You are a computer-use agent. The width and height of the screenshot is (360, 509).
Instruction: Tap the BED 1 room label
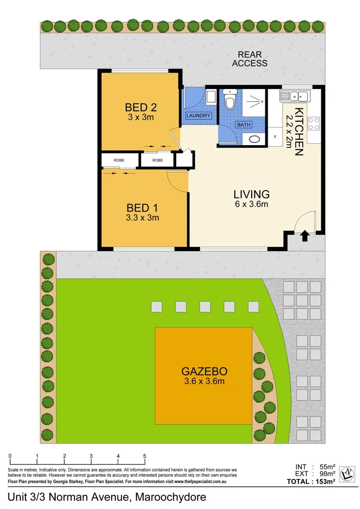tap(142, 207)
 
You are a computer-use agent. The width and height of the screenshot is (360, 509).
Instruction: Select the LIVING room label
tap(252, 194)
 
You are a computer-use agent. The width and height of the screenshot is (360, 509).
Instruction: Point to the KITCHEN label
tap(299, 131)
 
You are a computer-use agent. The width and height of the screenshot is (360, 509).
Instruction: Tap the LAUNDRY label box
tap(198, 115)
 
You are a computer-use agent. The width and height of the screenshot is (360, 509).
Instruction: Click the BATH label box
tap(244, 125)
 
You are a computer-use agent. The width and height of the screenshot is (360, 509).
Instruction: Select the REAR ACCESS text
tap(250, 59)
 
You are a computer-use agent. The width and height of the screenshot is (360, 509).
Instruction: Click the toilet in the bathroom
tap(230, 101)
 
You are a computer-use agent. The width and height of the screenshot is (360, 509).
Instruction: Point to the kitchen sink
tap(294, 96)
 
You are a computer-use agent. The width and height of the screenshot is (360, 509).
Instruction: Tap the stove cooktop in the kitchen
tap(314, 123)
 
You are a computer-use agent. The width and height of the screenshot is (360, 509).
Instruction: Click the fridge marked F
tap(275, 136)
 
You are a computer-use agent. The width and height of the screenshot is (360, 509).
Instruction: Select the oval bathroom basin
tap(255, 140)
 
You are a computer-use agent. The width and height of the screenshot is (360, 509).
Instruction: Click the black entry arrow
tap(305, 236)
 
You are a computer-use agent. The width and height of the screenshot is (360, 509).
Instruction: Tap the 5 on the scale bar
tap(145, 456)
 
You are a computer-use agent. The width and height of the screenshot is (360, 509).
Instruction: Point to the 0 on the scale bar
tap(10, 456)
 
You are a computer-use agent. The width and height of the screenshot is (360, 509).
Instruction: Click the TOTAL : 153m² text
tap(311, 482)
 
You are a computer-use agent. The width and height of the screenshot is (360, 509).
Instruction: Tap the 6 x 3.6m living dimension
tap(252, 204)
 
